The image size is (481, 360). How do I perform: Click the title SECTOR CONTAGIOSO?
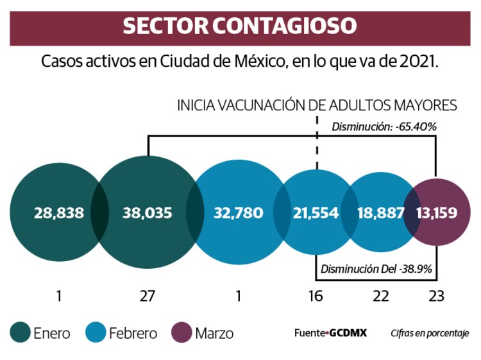click(240, 26)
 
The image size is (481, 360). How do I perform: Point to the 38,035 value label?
click(148, 213)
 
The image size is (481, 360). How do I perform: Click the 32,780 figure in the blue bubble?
click(238, 213)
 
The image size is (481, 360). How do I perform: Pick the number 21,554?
click(316, 213)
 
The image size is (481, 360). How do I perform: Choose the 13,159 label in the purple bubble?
click(437, 213)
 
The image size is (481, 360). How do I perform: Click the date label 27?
click(148, 296)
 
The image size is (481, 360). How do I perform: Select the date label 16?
click(316, 296)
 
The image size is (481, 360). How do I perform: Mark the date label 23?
click(436, 296)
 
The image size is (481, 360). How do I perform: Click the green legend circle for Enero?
click(20, 333)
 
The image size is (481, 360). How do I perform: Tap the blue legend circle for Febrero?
click(96, 333)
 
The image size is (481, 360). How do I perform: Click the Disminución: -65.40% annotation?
click(384, 127)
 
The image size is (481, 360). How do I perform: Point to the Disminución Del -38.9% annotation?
click(376, 268)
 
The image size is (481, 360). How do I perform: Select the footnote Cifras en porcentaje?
click(430, 333)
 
